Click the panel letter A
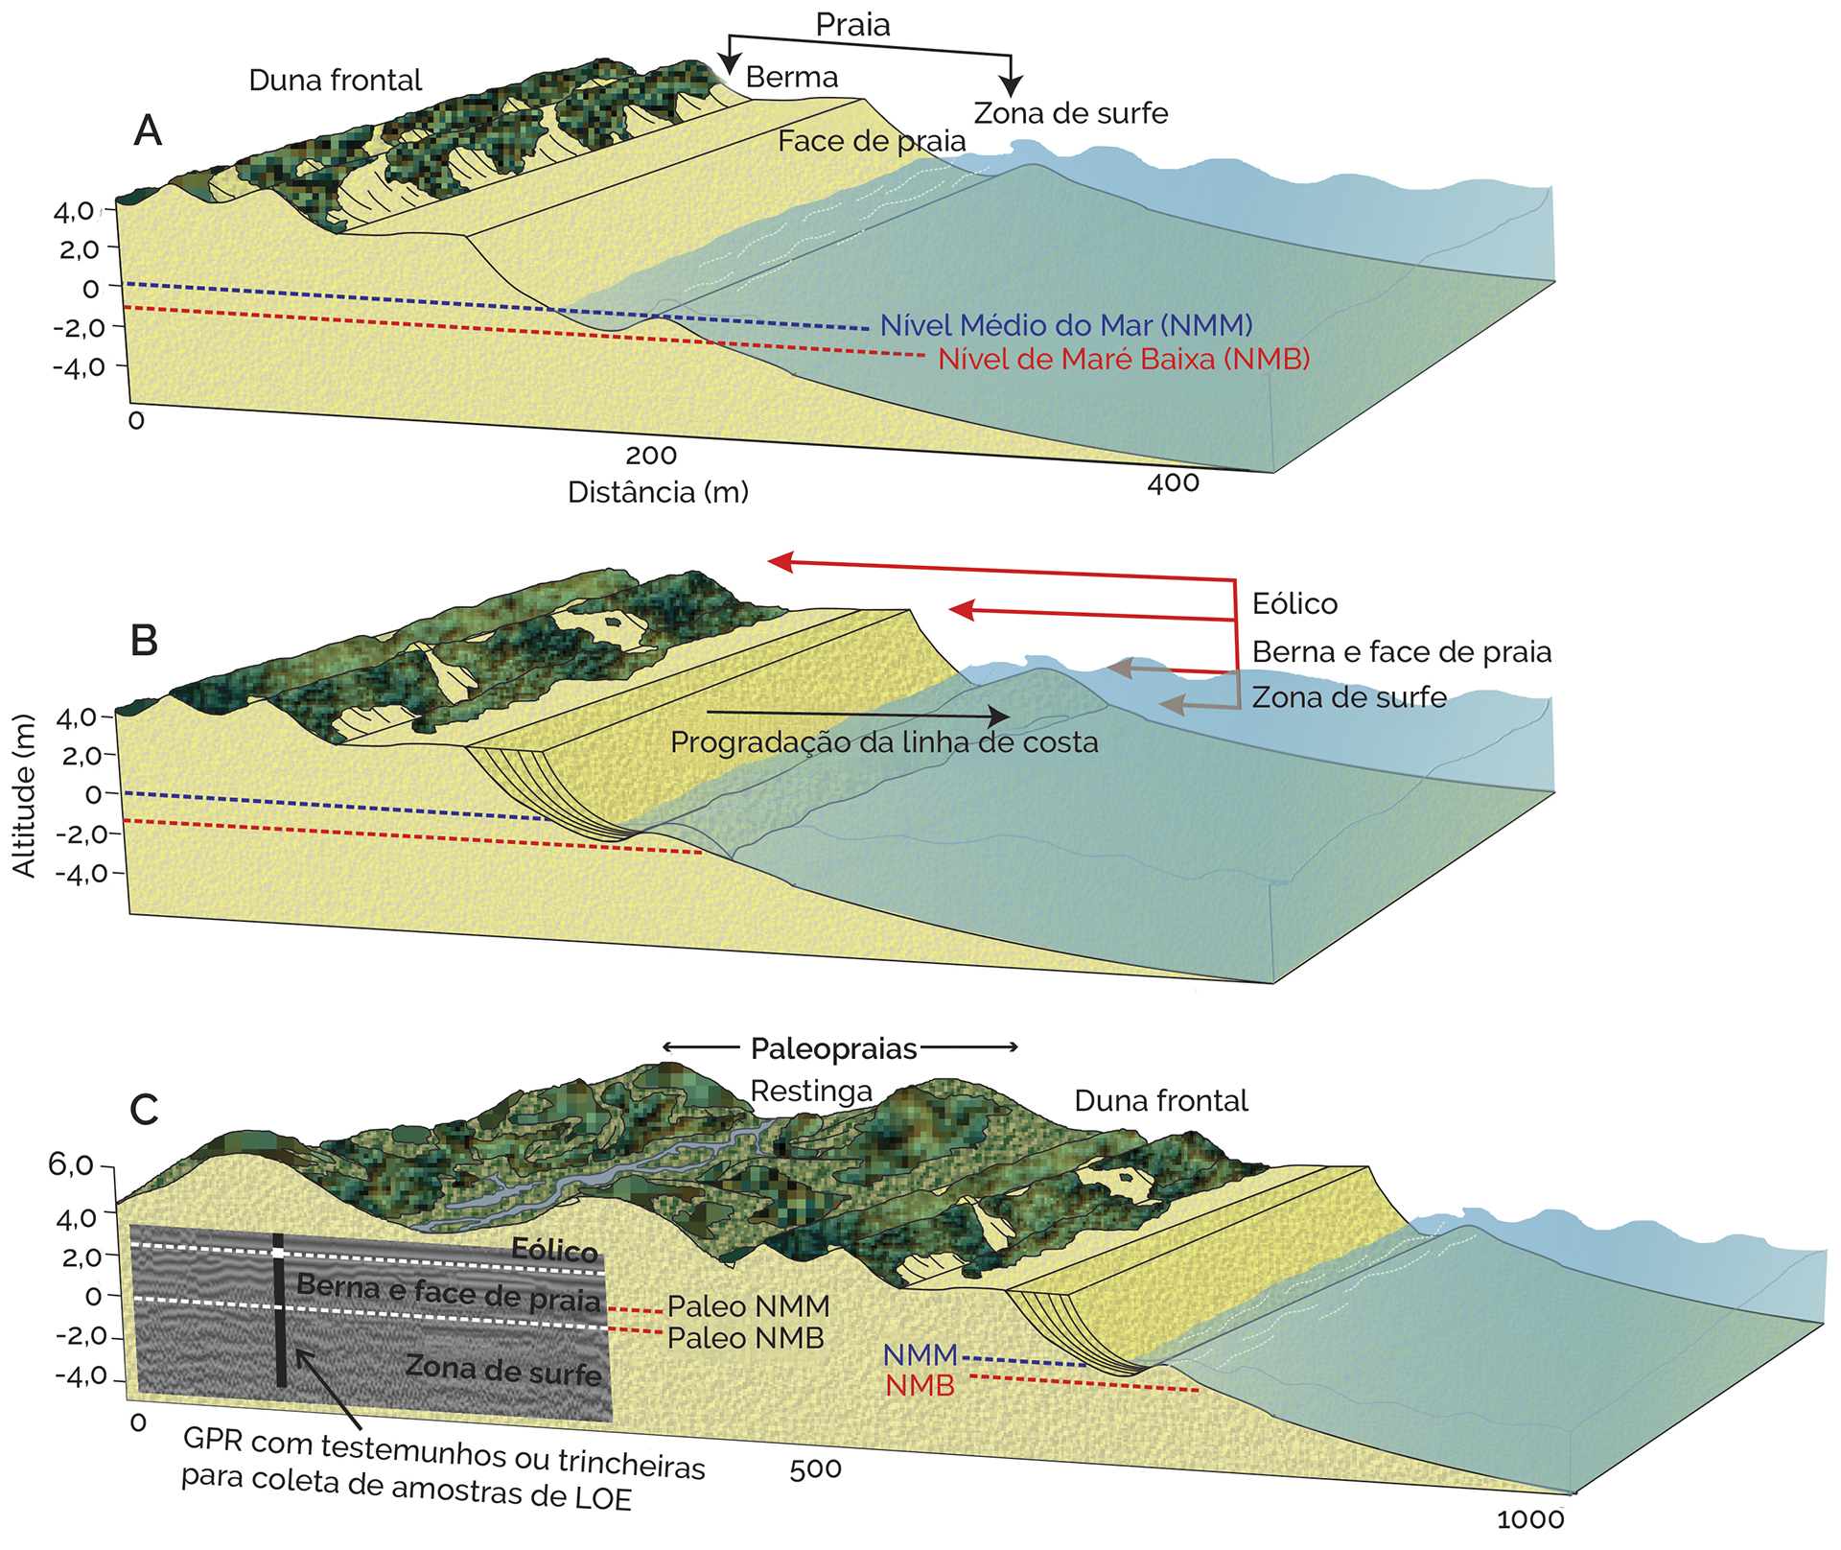coord(148,129)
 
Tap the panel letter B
coord(144,640)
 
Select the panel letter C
coord(144,1110)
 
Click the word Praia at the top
coord(852,25)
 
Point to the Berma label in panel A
coord(791,77)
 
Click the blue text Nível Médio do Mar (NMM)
coord(1066,325)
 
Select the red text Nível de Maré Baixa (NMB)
coord(1124,359)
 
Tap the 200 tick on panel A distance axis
coord(651,456)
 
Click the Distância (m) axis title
coord(658,492)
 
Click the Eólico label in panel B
coord(1294,603)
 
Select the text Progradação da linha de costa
coord(884,742)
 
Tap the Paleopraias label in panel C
coord(834,1048)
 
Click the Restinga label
coord(811,1091)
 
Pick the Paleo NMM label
coord(748,1306)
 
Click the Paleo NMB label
coord(746,1338)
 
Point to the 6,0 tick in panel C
coord(71,1165)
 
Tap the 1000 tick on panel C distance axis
coord(1530,1519)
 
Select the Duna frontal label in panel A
coord(335,80)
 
